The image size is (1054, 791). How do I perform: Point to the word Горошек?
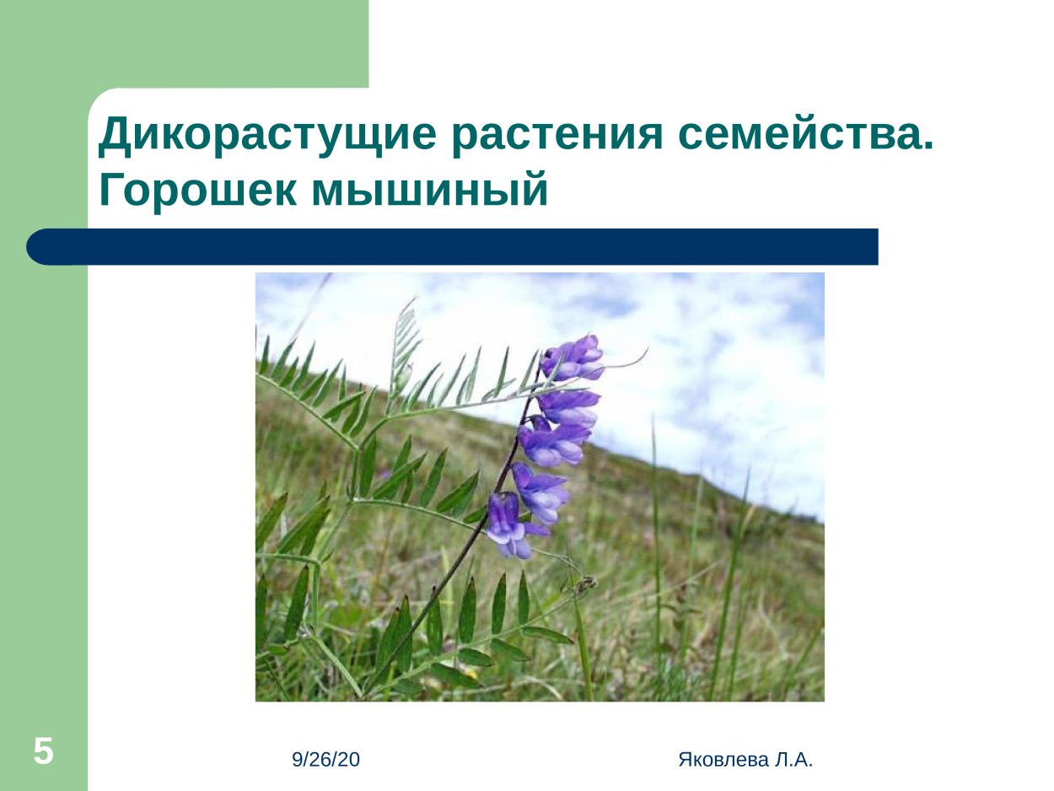click(198, 191)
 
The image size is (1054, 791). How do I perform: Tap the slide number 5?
click(43, 751)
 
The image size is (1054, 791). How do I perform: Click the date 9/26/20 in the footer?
click(325, 760)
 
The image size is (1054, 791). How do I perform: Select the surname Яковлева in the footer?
click(722, 760)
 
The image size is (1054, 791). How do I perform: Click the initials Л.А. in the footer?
click(793, 760)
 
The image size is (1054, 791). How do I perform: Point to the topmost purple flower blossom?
click(573, 357)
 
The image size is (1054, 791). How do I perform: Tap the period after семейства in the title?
click(928, 148)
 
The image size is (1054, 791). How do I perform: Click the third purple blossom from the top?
click(552, 443)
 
